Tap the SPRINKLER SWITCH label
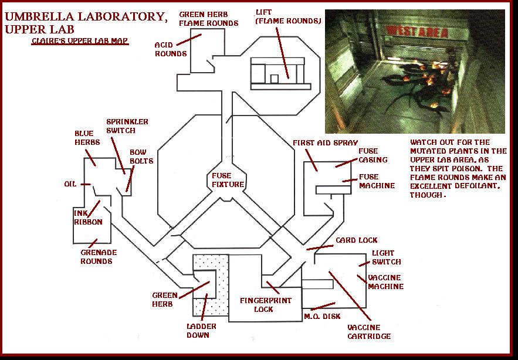point(127,126)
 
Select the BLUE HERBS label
point(87,138)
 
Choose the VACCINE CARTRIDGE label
point(363,332)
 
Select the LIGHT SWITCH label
point(387,257)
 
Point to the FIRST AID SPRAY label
point(325,142)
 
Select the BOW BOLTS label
point(141,157)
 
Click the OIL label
point(70,184)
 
